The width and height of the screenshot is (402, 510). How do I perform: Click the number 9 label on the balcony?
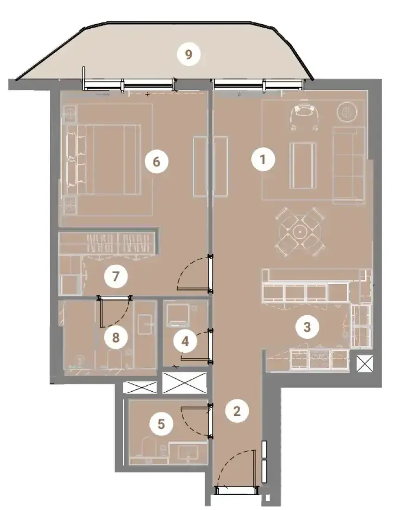pyautogui.click(x=189, y=54)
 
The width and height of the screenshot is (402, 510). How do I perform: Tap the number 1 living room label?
pyautogui.click(x=263, y=159)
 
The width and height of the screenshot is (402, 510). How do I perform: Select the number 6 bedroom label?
pyautogui.click(x=156, y=161)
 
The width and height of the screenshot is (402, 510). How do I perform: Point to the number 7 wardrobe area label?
pyautogui.click(x=115, y=276)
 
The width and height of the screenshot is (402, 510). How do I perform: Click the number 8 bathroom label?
pyautogui.click(x=116, y=337)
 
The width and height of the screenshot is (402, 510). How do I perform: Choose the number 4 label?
pyautogui.click(x=185, y=341)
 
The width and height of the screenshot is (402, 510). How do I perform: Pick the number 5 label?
pyautogui.click(x=161, y=424)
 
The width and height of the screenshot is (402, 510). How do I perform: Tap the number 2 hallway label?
pyautogui.click(x=237, y=411)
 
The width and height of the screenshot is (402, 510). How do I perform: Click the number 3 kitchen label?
pyautogui.click(x=307, y=327)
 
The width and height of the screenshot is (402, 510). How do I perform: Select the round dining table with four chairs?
pyautogui.click(x=299, y=232)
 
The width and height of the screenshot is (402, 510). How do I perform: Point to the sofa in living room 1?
pyautogui.click(x=349, y=165)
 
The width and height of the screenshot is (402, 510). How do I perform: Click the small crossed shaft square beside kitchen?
pyautogui.click(x=364, y=363)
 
